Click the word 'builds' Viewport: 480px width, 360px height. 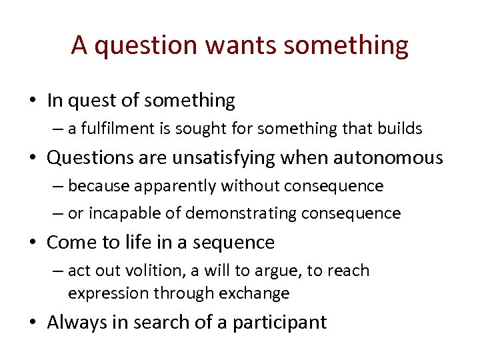click(x=401, y=129)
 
